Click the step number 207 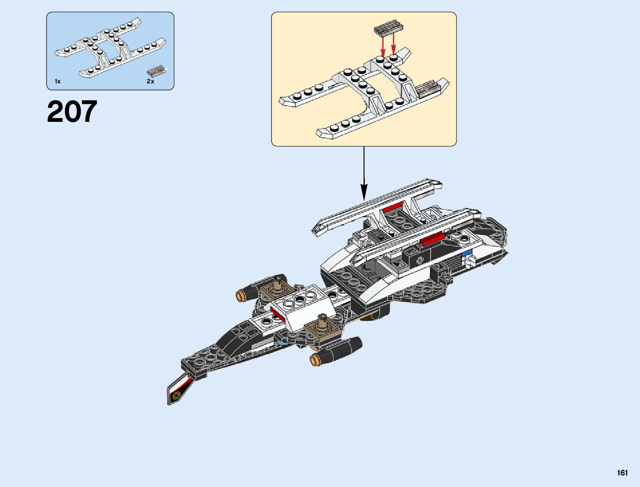[72, 112]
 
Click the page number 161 [622, 473]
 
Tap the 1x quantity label [58, 81]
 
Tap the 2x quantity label [150, 81]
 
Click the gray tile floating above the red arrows [388, 27]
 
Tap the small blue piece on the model [466, 254]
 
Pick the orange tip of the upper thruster [240, 294]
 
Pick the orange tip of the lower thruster [315, 360]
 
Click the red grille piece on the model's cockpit [431, 238]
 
